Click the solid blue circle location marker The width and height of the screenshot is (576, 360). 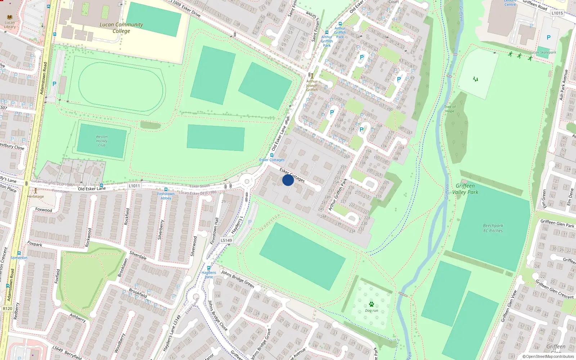[x=288, y=180]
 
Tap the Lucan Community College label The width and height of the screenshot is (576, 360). [x=121, y=28]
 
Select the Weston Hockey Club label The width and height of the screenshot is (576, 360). [x=102, y=141]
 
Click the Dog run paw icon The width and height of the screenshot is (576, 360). [x=372, y=304]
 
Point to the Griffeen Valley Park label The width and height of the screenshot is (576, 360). [x=465, y=189]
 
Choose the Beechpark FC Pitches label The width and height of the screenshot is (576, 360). [x=493, y=228]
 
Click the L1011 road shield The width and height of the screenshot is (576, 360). [x=134, y=186]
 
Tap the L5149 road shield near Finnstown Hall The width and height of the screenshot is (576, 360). [x=226, y=240]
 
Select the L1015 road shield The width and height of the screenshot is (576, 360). [x=557, y=13]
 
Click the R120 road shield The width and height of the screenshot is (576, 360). [x=7, y=309]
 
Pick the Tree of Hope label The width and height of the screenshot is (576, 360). [x=450, y=109]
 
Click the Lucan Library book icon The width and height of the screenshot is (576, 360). [x=10, y=17]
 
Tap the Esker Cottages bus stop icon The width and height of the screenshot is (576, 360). [x=272, y=155]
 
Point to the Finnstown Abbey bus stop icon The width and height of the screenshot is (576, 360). [x=166, y=189]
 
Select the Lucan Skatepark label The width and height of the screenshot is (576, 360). [x=543, y=52]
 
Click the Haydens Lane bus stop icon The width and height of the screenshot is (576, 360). [x=209, y=268]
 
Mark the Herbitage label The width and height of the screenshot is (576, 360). [x=35, y=196]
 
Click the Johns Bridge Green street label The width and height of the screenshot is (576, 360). [x=238, y=279]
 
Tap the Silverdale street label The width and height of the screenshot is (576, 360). [x=138, y=255]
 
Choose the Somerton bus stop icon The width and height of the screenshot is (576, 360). [x=19, y=253]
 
